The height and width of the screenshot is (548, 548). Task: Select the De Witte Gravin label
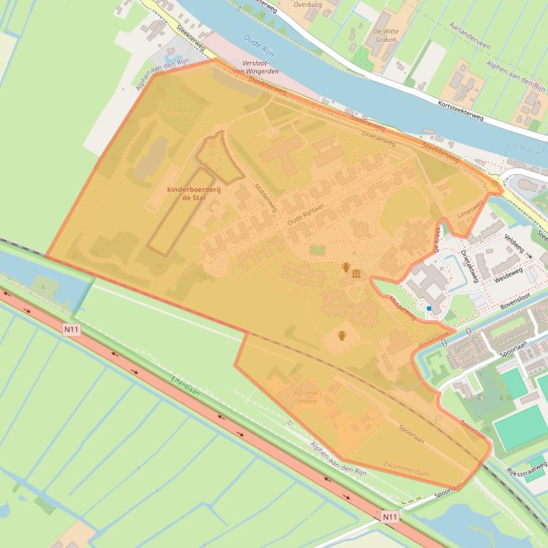[386, 36]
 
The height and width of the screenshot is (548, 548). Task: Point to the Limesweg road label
[471, 207]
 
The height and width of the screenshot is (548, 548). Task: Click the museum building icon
[356, 274]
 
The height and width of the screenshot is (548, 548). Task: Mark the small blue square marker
[428, 308]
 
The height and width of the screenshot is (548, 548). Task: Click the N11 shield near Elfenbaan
[70, 329]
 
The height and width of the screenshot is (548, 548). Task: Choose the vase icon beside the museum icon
[346, 268]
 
